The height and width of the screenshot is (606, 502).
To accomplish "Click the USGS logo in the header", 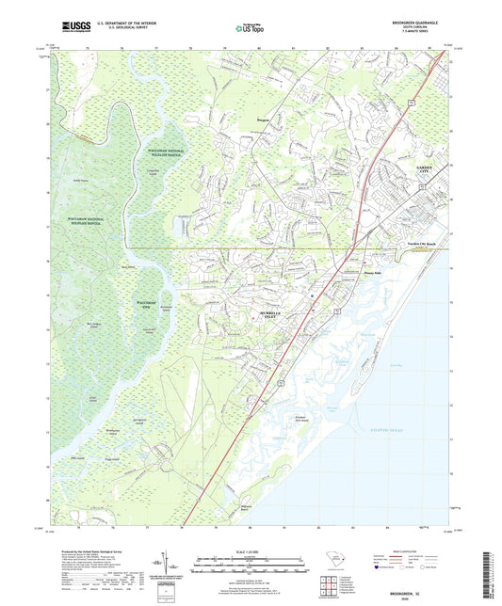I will coord(69,27).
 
